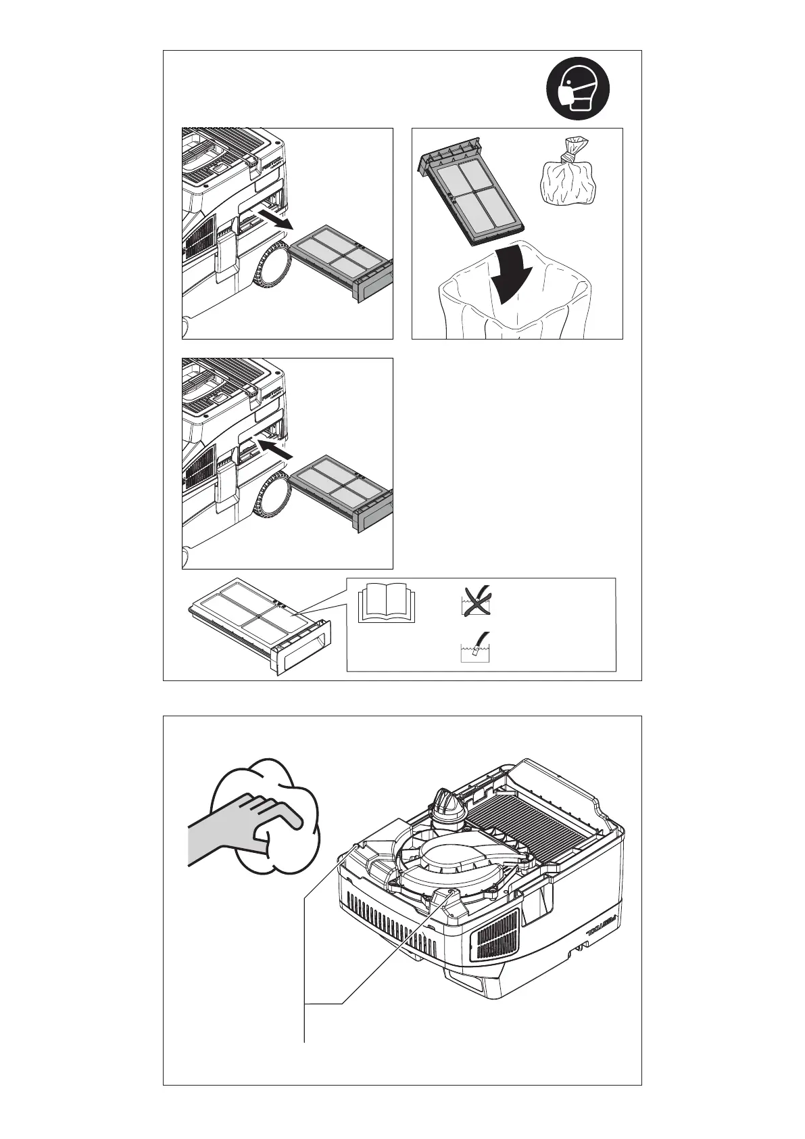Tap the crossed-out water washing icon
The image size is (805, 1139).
[x=476, y=600]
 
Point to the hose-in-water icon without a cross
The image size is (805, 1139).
[x=474, y=647]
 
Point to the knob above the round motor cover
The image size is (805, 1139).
[x=445, y=805]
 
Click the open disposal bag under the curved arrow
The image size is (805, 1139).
[x=514, y=308]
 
